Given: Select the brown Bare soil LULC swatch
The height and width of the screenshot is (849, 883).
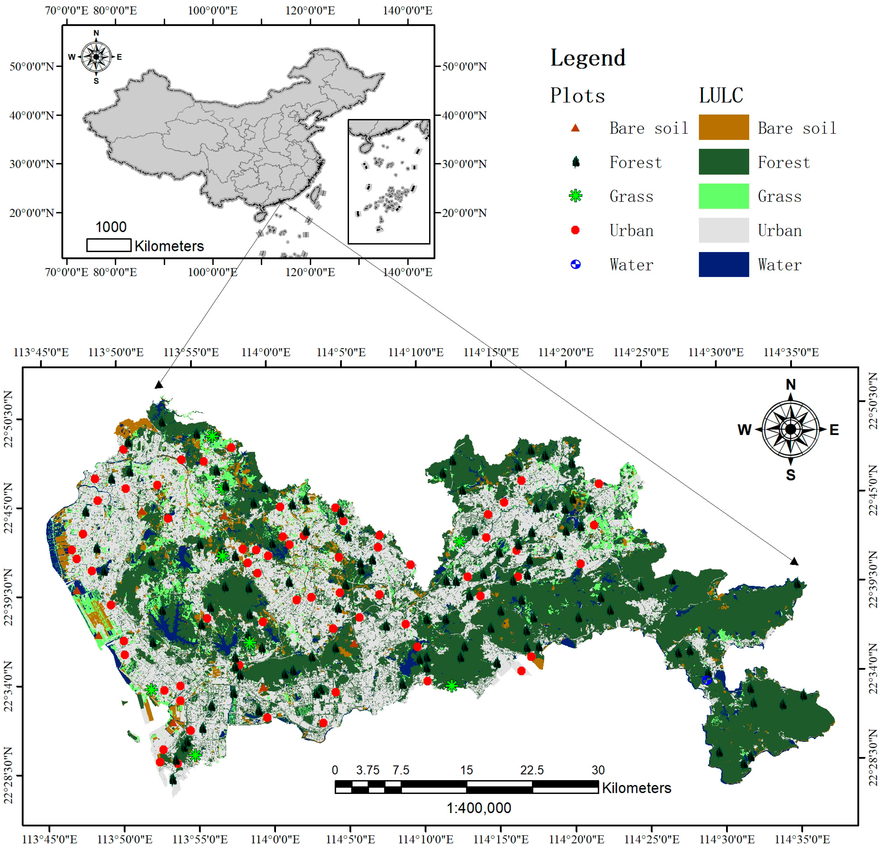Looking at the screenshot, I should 724,128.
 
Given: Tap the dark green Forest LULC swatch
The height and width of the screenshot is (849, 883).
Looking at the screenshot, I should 724,162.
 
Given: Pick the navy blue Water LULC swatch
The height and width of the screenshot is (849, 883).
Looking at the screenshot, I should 724,264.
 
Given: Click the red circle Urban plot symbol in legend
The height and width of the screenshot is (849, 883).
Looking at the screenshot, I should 575,230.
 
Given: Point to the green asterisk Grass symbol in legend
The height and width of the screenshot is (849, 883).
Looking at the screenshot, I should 575,196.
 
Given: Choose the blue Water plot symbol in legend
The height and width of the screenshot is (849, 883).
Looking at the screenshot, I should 575,264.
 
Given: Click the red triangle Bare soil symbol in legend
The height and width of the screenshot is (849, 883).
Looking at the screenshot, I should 575,128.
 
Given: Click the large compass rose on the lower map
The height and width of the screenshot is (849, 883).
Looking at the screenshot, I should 790,429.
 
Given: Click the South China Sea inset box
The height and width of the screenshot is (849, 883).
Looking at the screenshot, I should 388,181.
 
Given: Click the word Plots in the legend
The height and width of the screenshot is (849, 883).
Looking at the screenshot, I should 577,95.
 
